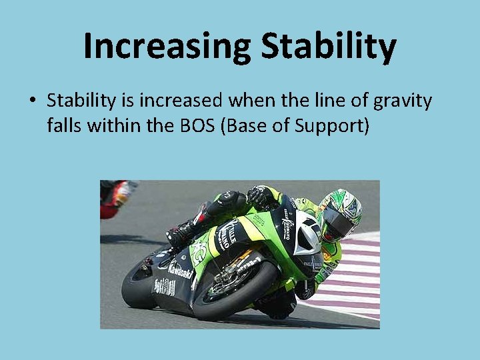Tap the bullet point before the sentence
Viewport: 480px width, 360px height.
click(x=32, y=101)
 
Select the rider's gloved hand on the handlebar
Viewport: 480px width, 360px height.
click(x=260, y=197)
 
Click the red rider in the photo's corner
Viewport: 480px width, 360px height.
click(x=117, y=197)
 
